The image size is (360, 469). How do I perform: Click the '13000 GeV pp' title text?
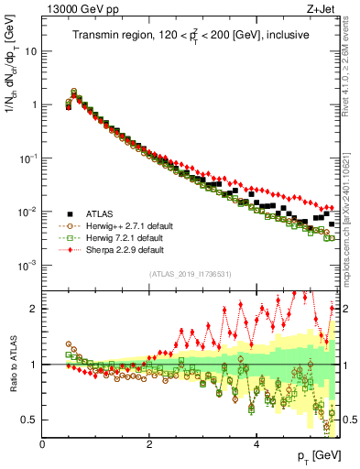(74, 10)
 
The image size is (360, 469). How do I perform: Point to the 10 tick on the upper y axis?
(33, 50)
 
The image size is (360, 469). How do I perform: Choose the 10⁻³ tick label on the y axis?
(30, 265)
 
